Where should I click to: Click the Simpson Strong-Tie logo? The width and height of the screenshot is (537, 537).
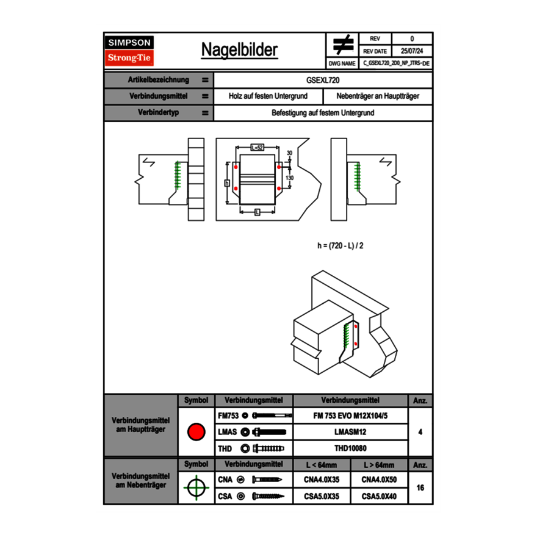click(129, 51)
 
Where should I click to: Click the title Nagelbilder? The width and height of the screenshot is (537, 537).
click(239, 50)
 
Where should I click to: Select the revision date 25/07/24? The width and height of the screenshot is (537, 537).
click(412, 51)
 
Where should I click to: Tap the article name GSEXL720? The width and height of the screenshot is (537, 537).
click(323, 80)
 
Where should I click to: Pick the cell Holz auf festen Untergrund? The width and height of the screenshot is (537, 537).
click(268, 96)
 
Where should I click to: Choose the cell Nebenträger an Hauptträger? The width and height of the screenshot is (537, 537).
click(378, 96)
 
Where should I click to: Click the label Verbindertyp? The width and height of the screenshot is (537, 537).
click(158, 113)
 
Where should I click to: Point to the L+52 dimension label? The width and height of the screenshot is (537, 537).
click(257, 148)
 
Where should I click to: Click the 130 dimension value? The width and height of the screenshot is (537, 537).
click(290, 177)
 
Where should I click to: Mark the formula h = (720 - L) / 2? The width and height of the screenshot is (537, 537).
click(341, 245)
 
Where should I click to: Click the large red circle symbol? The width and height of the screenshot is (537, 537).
click(196, 432)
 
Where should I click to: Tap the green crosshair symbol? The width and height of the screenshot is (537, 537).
click(196, 488)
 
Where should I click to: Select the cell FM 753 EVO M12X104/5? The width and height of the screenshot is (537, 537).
click(350, 416)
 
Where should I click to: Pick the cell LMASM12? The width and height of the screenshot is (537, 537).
click(350, 432)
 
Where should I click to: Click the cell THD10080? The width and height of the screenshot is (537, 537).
click(350, 449)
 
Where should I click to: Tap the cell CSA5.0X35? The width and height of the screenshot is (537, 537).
click(322, 496)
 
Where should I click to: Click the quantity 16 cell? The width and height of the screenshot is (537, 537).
click(420, 488)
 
